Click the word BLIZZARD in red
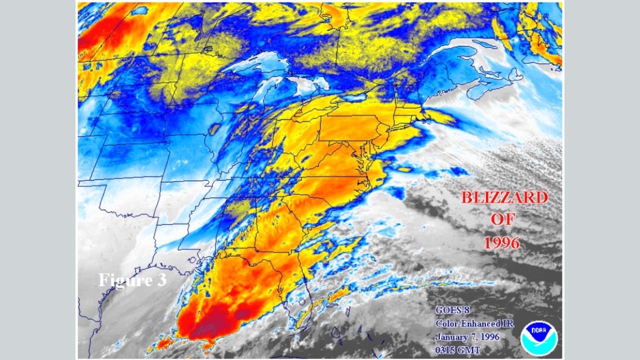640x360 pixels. [504, 197]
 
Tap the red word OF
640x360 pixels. [503, 220]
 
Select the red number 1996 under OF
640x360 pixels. [502, 242]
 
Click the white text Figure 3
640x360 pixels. [132, 280]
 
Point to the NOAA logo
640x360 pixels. [538, 338]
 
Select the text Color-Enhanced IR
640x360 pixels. [474, 323]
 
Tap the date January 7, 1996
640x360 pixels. [467, 336]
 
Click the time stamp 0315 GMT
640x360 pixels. [457, 349]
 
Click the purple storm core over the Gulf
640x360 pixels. [220, 325]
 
